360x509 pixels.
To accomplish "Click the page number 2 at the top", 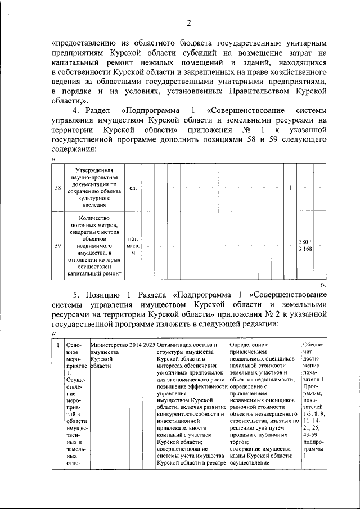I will click(x=189, y=23).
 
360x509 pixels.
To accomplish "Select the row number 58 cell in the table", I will click(x=58, y=188).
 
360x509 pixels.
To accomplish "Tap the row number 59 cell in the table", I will click(x=58, y=245).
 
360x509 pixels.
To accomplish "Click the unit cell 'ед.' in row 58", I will click(x=133, y=188).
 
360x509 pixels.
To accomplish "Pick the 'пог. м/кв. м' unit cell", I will click(x=133, y=245).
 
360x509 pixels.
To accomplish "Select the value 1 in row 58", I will click(x=290, y=188).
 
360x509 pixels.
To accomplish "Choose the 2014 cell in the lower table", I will click(x=135, y=344).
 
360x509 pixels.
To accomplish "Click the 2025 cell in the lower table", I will click(x=148, y=344).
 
